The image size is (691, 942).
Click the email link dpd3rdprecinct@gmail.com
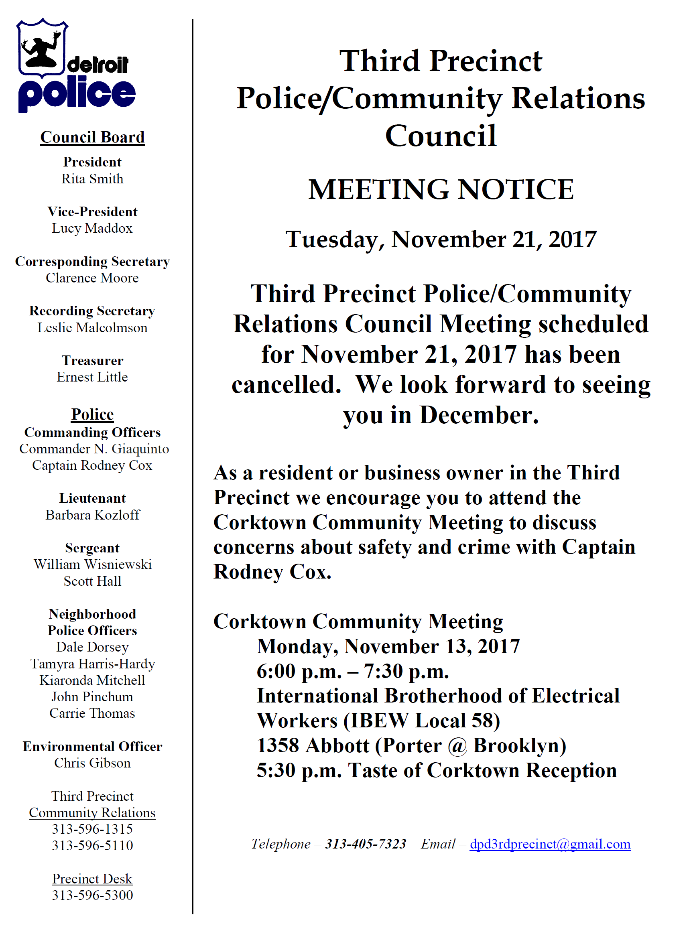pos(550,844)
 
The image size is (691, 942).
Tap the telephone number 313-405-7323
pos(366,844)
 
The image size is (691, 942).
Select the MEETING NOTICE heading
pos(441,189)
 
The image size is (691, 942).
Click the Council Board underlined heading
pos(92,137)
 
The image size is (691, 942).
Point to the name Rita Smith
pos(92,179)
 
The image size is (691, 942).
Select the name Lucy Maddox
pos(92,228)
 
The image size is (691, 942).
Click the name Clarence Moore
pos(92,278)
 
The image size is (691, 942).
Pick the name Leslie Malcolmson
pos(92,328)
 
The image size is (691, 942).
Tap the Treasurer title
pos(92,360)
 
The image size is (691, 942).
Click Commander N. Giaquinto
pos(94,449)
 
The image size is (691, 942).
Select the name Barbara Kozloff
pos(92,515)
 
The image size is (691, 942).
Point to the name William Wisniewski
pos(92,565)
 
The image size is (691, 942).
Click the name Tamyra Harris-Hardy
pos(92,664)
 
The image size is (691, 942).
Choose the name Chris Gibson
pos(92,763)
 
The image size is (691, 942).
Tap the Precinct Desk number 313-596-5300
pos(92,895)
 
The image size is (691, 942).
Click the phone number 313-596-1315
pos(92,829)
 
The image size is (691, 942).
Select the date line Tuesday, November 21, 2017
pos(441,240)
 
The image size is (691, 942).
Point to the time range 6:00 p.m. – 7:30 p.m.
pos(353,672)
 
